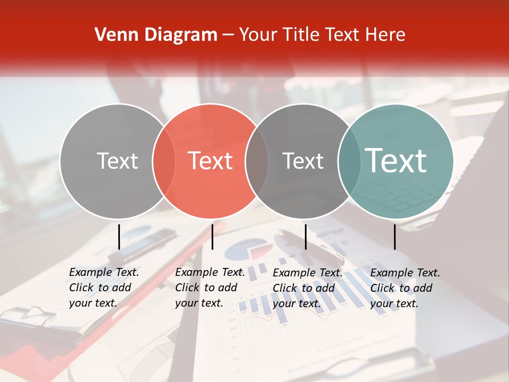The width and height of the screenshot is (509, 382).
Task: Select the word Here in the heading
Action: [385, 35]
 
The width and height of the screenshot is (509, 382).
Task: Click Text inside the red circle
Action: [210, 161]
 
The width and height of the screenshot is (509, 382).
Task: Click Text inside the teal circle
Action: [396, 160]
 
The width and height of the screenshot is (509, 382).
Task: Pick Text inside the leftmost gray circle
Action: [117, 161]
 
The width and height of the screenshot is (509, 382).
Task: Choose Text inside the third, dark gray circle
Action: [303, 161]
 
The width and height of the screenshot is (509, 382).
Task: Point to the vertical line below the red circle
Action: [212, 236]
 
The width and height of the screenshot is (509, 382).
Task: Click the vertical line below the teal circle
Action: [394, 236]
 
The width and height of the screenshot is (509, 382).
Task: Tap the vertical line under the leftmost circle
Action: [119, 236]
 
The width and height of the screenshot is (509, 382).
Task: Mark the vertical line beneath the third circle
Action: [305, 236]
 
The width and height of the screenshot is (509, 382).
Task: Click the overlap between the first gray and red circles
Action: [164, 161]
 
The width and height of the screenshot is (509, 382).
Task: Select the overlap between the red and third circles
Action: [257, 161]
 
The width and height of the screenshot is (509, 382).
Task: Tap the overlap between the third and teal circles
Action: [349, 161]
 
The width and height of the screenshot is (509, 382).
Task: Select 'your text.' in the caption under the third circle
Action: [297, 303]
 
